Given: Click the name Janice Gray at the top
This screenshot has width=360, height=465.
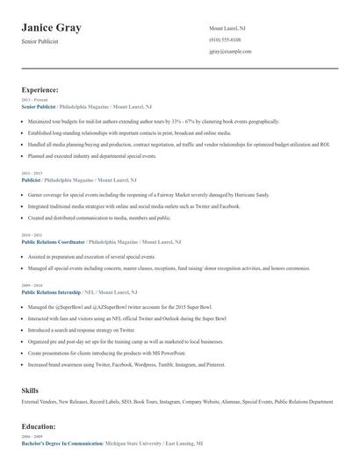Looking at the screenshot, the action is pos(52,28).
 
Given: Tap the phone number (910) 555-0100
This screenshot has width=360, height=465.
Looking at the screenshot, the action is pos(225,40).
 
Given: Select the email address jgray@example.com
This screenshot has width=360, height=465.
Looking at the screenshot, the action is pos(230,52).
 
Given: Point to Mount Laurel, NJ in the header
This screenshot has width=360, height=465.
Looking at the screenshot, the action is pos(227,28).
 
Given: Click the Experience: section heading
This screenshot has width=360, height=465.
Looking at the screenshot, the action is pos(40,89).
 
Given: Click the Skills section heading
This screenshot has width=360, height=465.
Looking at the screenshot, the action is pos(31,390).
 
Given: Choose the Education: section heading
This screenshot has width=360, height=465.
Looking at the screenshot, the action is pos(39,426).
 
